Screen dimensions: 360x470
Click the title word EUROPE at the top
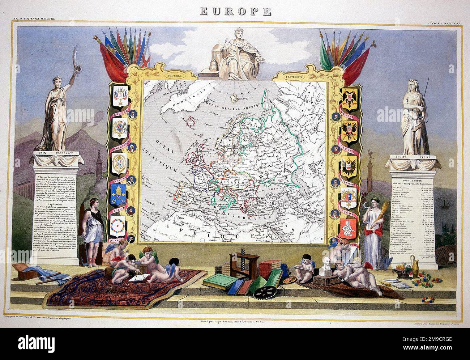[x=235, y=12]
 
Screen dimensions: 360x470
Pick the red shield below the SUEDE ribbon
[x=350, y=227]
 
